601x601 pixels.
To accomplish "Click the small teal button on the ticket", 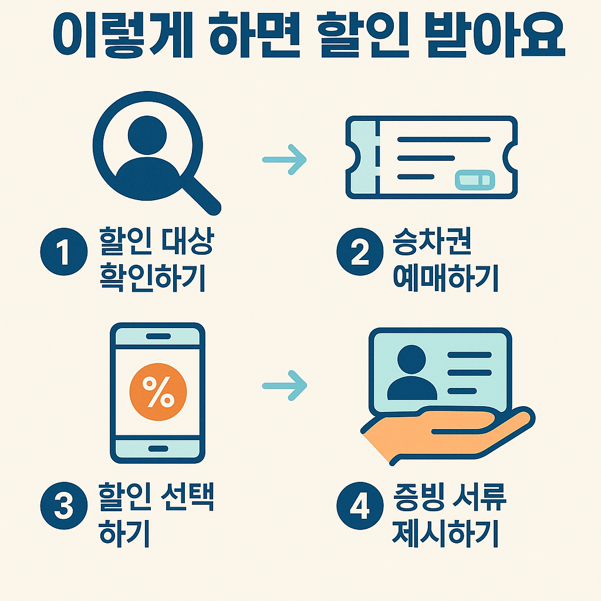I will point(475,179).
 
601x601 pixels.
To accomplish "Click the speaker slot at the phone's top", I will point(157,336).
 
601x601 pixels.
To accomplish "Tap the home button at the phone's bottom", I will point(157,448).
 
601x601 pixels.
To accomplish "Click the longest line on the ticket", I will point(444,140).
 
